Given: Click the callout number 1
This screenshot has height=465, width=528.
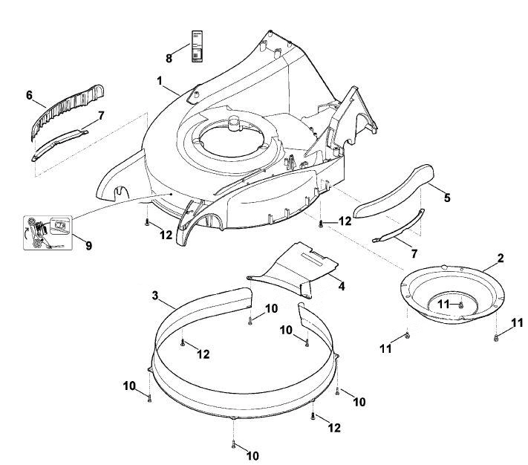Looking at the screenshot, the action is click(x=160, y=81).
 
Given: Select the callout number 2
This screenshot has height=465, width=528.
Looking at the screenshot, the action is click(x=501, y=258).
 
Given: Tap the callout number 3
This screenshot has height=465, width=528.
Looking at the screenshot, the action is click(x=155, y=296).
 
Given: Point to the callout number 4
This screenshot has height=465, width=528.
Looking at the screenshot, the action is click(x=342, y=286).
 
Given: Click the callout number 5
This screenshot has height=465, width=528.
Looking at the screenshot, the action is click(x=447, y=198).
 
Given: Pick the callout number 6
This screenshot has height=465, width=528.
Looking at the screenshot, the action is click(x=29, y=95).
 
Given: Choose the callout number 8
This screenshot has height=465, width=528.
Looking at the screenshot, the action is click(x=169, y=58).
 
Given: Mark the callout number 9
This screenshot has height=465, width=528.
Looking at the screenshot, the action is click(x=88, y=246).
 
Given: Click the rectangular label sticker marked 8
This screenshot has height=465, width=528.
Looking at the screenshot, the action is click(x=198, y=47).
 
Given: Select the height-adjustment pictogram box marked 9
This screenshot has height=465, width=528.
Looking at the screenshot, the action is click(x=48, y=232).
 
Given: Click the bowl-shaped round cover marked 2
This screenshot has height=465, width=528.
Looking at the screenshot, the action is click(x=452, y=293).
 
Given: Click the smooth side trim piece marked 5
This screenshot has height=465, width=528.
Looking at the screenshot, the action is click(x=394, y=191).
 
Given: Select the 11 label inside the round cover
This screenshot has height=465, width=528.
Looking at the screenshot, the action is click(x=443, y=305).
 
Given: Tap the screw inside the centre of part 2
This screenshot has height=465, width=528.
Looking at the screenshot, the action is click(x=460, y=305).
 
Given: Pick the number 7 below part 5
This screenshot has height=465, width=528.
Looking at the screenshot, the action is click(x=414, y=253).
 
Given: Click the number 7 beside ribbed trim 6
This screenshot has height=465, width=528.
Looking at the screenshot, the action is click(x=101, y=116).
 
